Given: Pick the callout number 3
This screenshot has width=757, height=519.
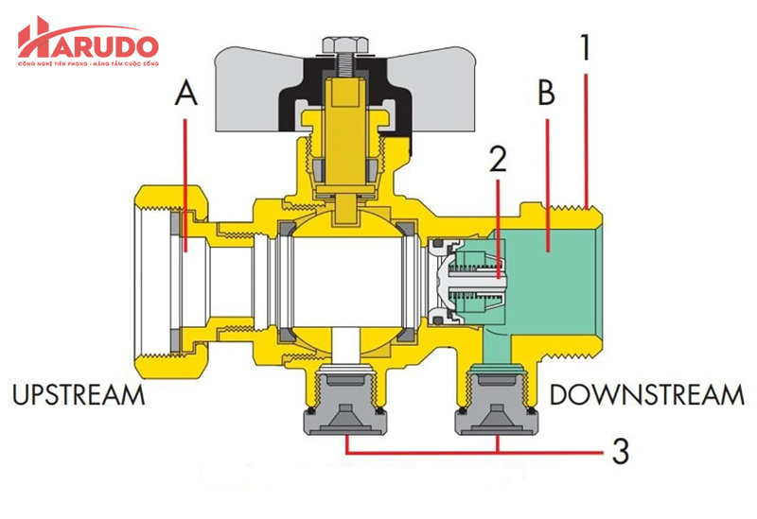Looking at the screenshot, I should point(619,451).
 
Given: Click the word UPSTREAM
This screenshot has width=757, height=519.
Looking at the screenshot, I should point(79,394).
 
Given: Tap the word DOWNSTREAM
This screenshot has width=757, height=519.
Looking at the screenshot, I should point(646,394).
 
